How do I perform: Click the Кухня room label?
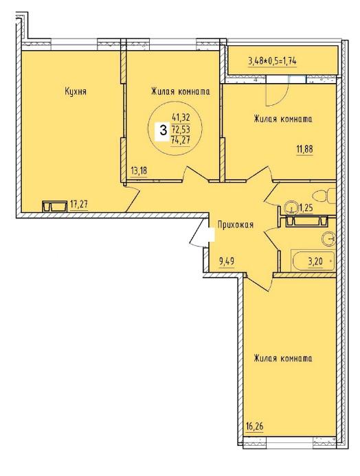pyautogui.click(x=76, y=91)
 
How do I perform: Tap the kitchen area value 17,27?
pyautogui.click(x=79, y=205)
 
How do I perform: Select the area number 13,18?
pyautogui.click(x=139, y=171)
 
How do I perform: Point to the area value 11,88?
pyautogui.click(x=305, y=149)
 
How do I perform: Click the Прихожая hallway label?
pyautogui.click(x=236, y=225)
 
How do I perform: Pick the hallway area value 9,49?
pyautogui.click(x=227, y=261)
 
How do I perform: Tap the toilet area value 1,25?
pyautogui.click(x=306, y=208)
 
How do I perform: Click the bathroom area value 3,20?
pyautogui.click(x=315, y=262)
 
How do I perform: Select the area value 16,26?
pyautogui.click(x=254, y=427)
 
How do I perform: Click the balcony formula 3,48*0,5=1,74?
pyautogui.click(x=272, y=61)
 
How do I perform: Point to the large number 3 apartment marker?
pyautogui.click(x=164, y=131)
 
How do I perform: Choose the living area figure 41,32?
pyautogui.click(x=181, y=117)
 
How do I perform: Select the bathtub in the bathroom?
pyautogui.click(x=313, y=261)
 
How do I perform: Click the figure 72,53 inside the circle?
pyautogui.click(x=181, y=129)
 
